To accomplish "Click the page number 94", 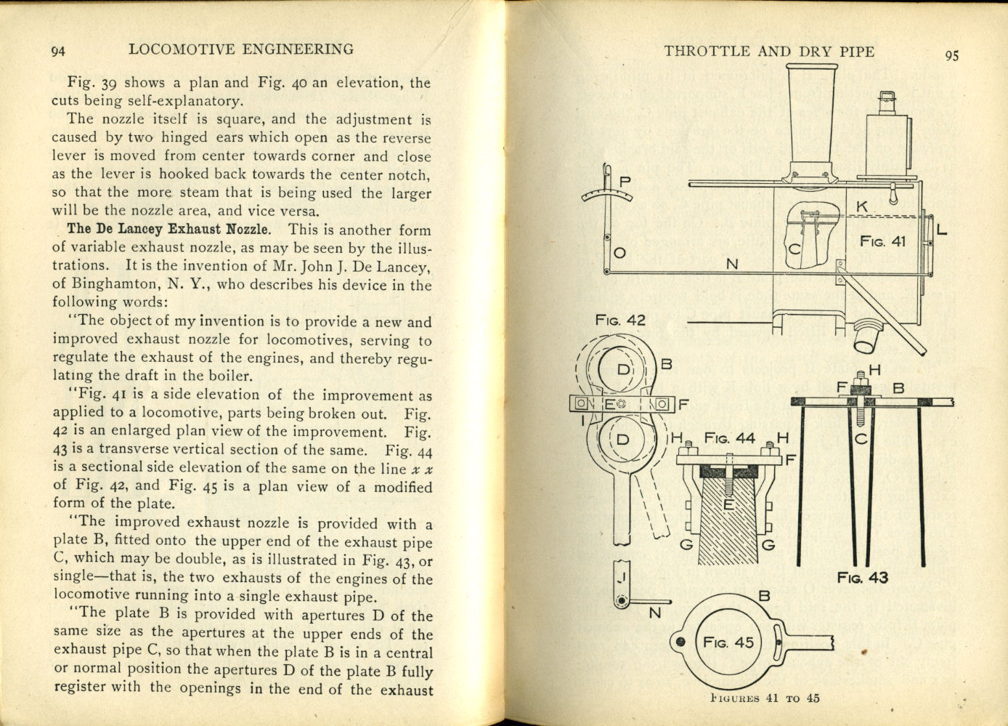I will pos(59,51).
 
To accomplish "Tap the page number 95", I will pos(951,55).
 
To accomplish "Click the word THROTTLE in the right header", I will pos(706,51).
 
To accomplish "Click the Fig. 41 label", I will pos(882,241).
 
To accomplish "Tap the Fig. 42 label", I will pos(619,320).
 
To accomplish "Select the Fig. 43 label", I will pos(862,578).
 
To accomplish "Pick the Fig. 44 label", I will pos(729,438).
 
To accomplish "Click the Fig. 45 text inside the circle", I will pos(728,642).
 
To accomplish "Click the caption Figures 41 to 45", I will pos(765,698).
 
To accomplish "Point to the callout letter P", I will pos(625,181).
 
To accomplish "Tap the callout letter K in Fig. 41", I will pos(861,207).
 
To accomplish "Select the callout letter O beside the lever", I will pos(619,254).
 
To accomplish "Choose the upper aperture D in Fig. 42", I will pos(623,369).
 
